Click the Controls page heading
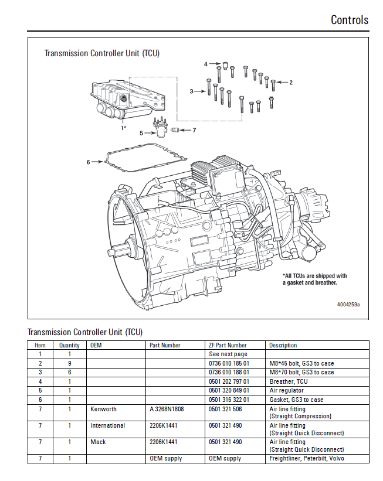350,20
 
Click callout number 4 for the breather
206,64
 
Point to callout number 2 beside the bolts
291,82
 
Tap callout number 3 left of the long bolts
191,91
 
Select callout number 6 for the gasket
89,162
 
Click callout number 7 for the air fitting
194,129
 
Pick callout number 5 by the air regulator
141,133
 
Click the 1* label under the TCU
123,127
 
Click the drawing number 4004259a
348,305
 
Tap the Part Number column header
165,345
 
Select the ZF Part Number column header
228,345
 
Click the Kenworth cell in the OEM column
103,408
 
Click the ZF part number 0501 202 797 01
229,381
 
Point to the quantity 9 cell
69,363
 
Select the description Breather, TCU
289,381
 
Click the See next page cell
228,354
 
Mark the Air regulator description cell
287,390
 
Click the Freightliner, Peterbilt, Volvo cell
307,458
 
